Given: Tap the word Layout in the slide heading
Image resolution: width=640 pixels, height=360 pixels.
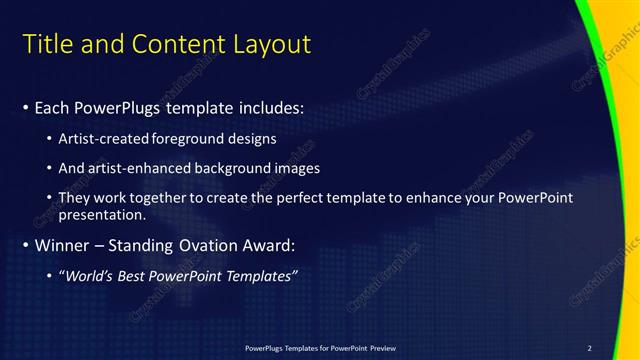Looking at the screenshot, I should point(273,44).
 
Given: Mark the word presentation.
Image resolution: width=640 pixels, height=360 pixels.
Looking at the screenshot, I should point(103,214).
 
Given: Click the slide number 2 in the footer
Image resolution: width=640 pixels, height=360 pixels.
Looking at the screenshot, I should point(590,347).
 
